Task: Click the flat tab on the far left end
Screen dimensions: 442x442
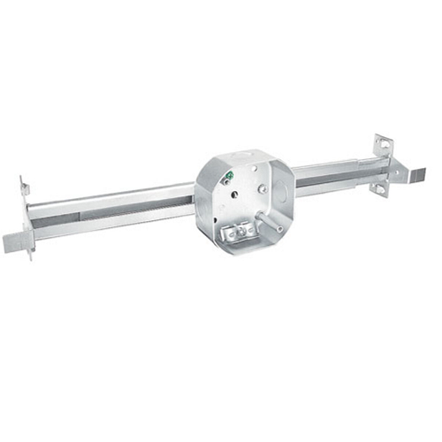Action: click(16, 240)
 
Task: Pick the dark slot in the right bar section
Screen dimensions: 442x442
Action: click(327, 179)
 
